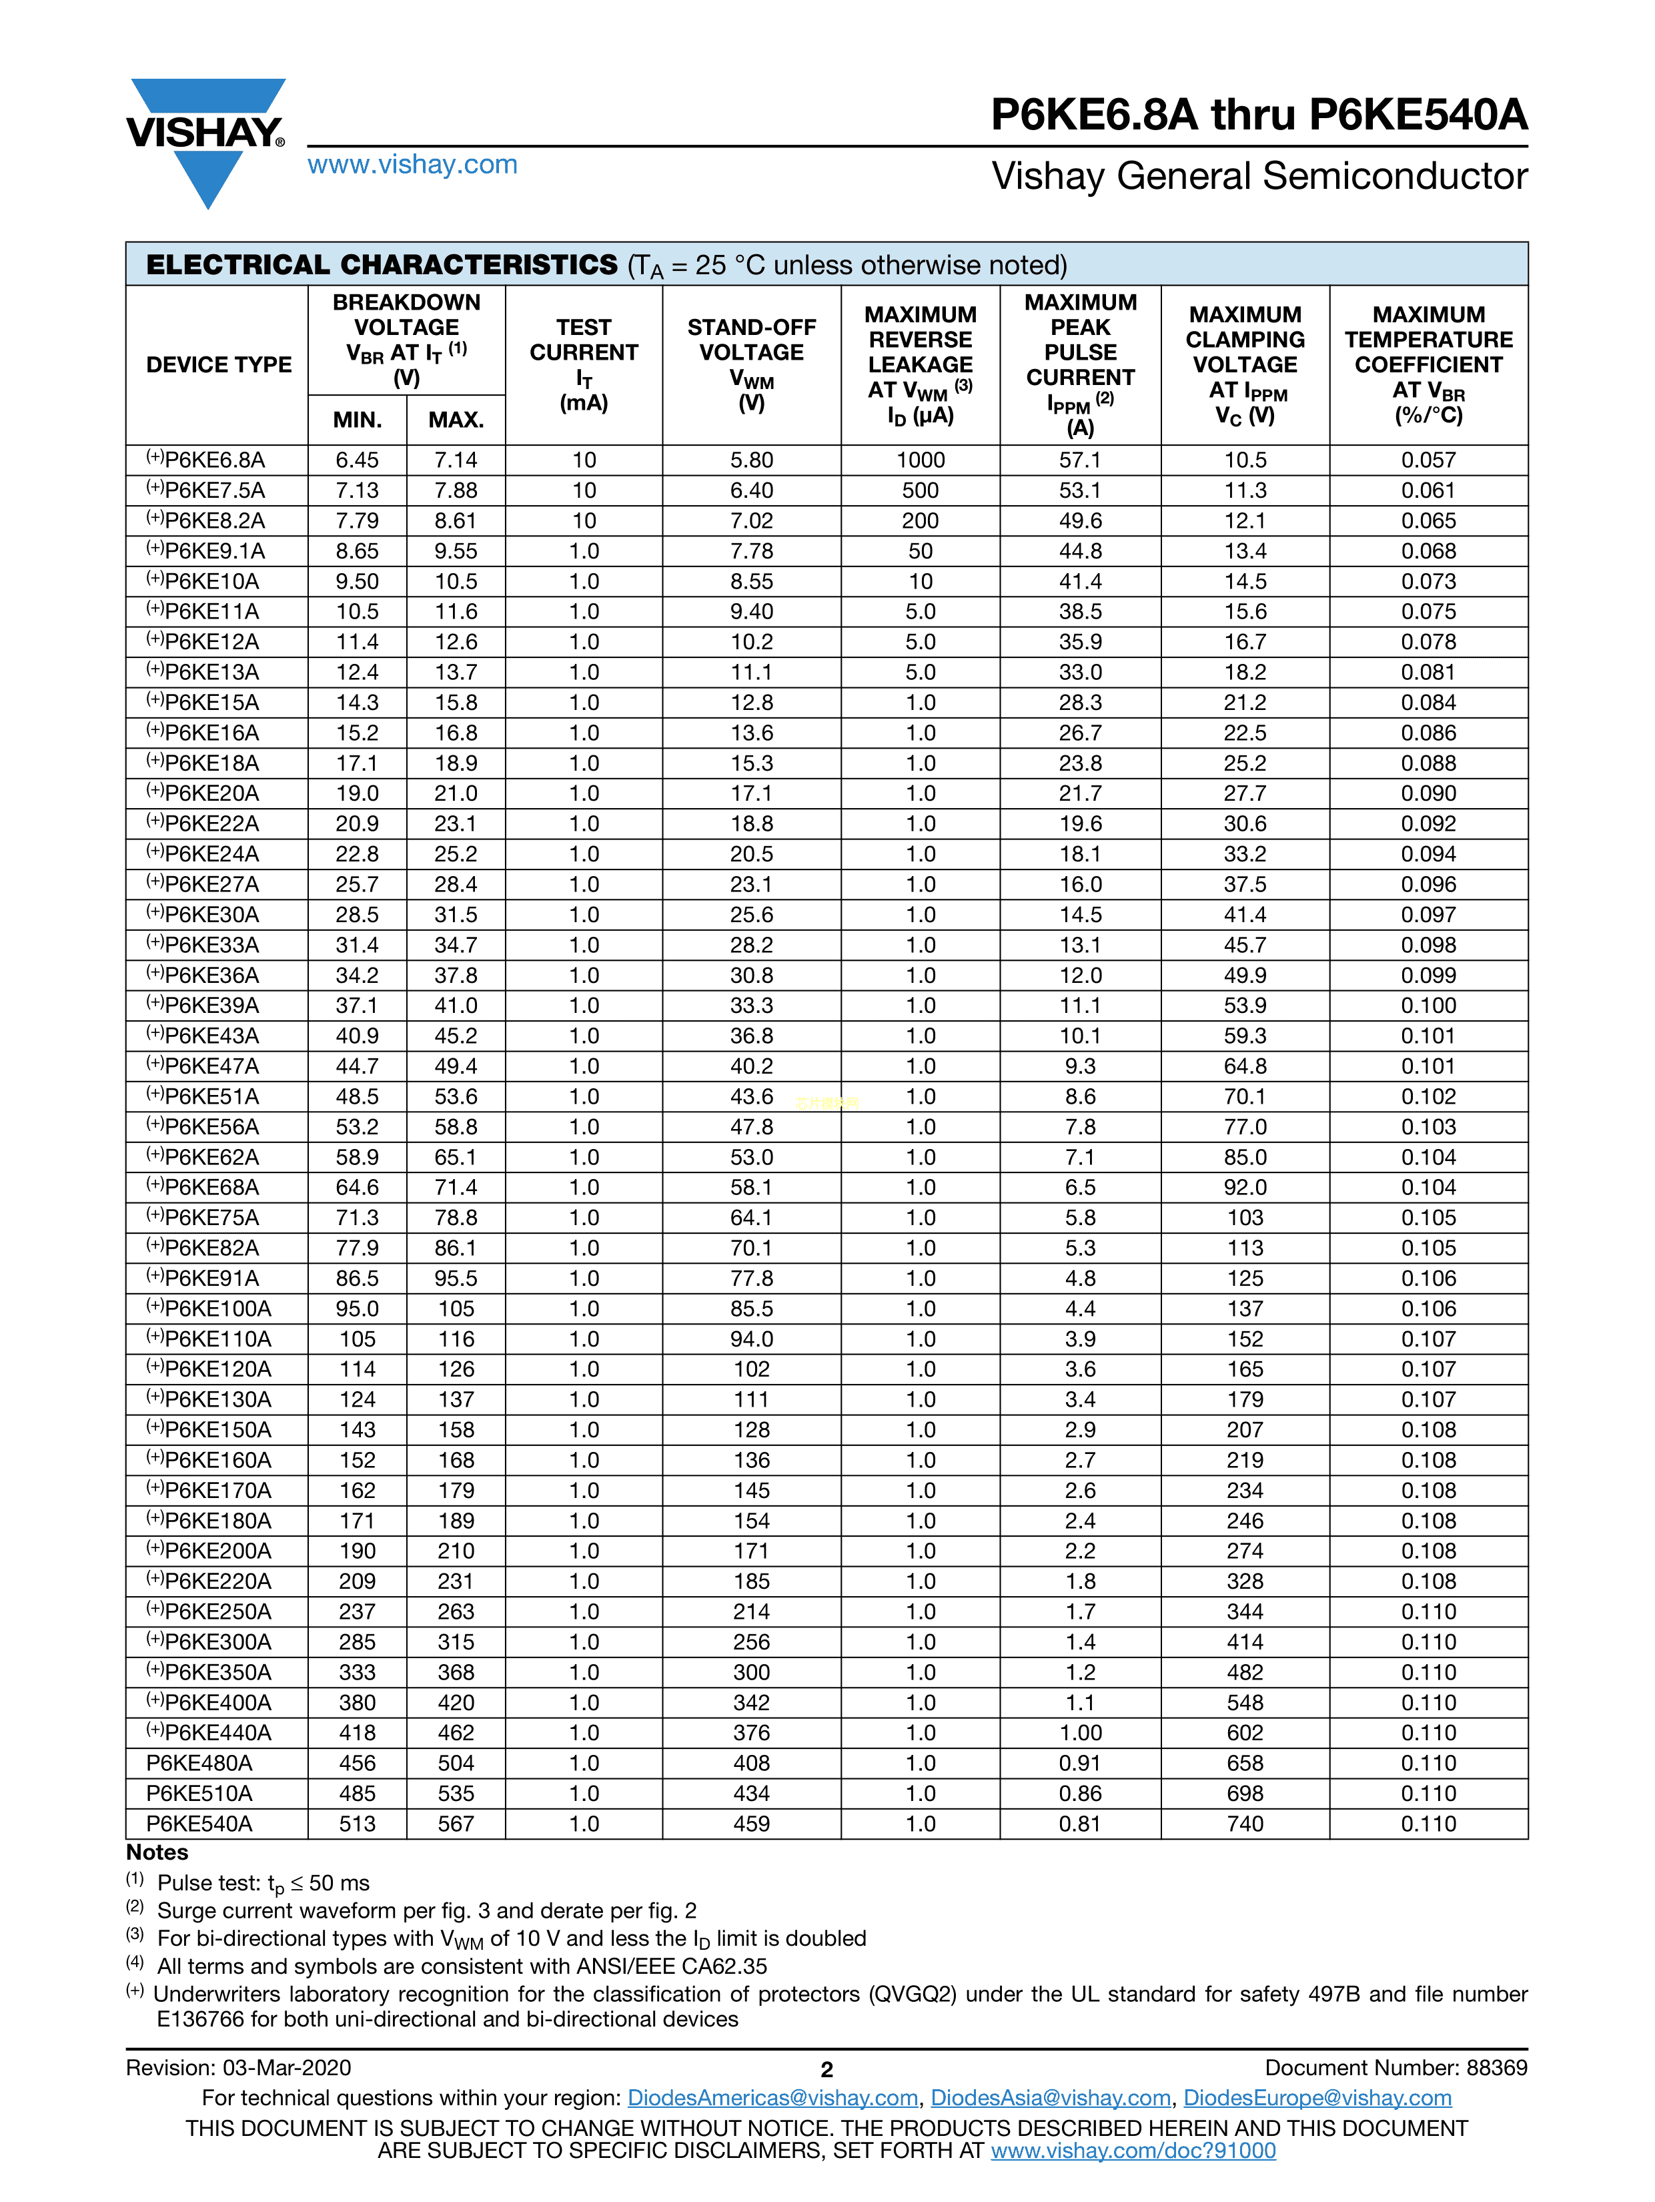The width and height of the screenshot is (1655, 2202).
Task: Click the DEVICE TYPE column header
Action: [218, 364]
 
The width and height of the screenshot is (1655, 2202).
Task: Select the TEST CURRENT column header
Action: [583, 364]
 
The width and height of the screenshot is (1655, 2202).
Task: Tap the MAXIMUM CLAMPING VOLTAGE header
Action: [1244, 364]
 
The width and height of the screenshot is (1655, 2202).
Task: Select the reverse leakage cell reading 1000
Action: [919, 460]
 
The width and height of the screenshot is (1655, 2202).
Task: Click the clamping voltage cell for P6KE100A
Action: [1244, 1309]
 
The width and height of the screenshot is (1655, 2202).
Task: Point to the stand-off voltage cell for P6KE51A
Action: [751, 1096]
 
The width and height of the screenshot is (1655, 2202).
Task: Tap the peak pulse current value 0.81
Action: [1080, 1824]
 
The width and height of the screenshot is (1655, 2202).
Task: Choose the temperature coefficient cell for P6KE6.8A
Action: [1428, 460]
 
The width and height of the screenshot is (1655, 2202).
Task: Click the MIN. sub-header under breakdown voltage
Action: [358, 420]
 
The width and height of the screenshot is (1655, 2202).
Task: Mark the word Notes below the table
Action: [157, 1852]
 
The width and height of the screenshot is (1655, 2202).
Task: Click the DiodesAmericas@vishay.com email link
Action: [772, 2099]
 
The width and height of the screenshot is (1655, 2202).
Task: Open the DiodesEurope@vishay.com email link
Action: [1317, 2099]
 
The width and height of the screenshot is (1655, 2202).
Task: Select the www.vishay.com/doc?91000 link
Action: [1133, 2151]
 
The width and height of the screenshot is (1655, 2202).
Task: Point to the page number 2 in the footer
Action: [826, 2070]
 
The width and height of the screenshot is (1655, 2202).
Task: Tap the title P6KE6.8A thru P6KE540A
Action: [1258, 115]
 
